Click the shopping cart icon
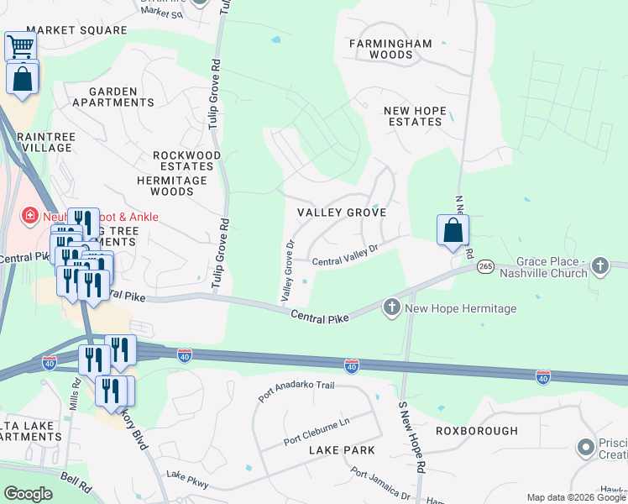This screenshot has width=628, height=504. (21, 46)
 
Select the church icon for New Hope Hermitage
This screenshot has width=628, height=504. (392, 307)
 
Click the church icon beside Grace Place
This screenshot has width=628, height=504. (599, 266)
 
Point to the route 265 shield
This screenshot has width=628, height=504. (484, 266)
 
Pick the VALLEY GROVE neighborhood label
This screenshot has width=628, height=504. (341, 213)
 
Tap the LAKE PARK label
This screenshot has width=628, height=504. (336, 451)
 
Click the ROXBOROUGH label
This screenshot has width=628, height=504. (477, 431)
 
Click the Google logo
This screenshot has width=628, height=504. (28, 494)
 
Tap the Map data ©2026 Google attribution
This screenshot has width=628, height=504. (576, 497)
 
